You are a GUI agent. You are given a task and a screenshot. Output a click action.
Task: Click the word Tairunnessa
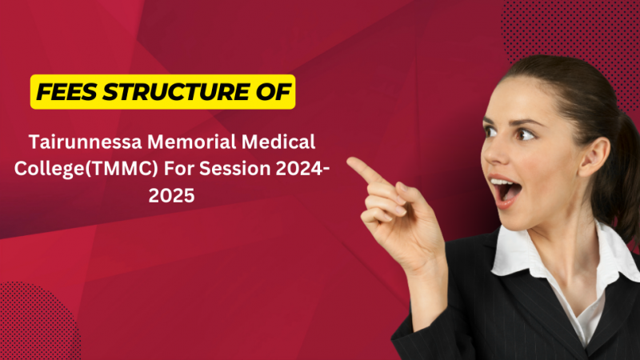tap(89, 142)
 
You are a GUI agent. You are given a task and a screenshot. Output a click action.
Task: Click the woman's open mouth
tap(506, 190)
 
